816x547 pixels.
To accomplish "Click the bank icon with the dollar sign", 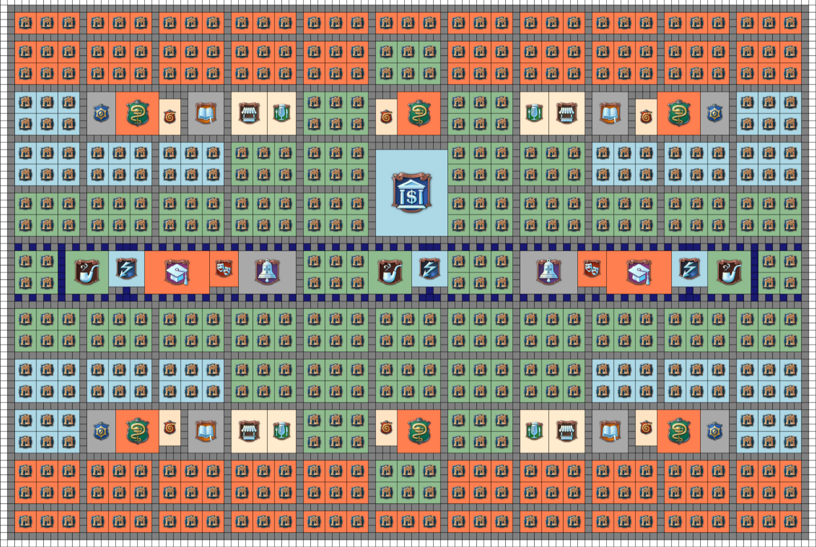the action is (411, 193).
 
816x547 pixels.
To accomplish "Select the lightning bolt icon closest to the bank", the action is (429, 268).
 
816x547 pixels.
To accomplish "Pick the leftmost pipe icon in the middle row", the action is (87, 272).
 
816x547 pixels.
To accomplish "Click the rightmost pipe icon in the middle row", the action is (729, 272).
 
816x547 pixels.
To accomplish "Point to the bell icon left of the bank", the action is (267, 272).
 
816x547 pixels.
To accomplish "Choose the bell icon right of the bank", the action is (549, 272).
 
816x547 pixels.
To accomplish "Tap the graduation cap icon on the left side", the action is (177, 272).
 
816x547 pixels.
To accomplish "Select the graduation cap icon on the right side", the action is (639, 272).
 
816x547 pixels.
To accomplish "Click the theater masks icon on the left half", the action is (224, 268).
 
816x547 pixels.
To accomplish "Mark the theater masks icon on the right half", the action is (592, 268).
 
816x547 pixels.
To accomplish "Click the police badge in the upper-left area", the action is (101, 114).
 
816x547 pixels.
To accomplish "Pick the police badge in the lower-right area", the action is (714, 431).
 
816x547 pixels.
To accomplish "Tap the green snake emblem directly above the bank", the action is (418, 114).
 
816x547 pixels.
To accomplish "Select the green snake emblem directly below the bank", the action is (418, 431).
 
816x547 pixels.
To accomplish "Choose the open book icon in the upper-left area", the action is (206, 114).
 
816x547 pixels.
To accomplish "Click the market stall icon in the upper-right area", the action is (566, 114).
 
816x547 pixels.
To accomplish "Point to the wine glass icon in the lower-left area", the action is (281, 431).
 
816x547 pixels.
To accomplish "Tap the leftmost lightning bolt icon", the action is (126, 268).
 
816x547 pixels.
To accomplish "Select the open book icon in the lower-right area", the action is (610, 431).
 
